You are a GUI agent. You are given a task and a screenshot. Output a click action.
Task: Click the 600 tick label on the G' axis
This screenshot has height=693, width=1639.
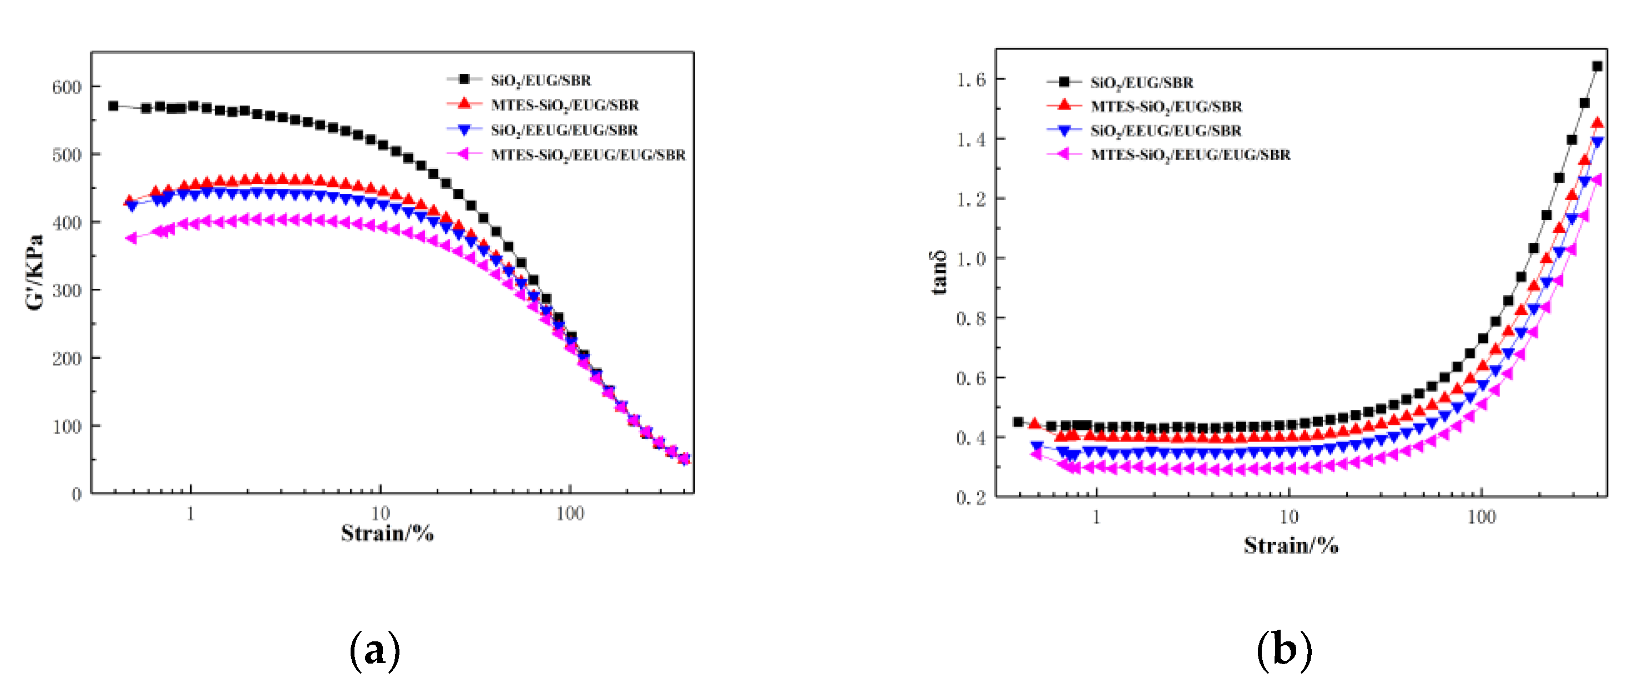pos(67,87)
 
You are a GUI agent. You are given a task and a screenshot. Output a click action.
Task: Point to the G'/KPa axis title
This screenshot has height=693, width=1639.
pos(35,272)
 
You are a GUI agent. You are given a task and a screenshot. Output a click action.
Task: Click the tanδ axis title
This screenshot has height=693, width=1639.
pos(938,272)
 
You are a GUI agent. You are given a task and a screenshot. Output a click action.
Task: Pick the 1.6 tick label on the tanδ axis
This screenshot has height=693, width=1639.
pos(971,79)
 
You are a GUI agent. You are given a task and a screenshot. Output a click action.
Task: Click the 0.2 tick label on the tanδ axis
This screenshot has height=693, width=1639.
pos(971,498)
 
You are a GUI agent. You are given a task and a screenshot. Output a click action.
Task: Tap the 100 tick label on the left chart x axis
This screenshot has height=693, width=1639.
pos(569,514)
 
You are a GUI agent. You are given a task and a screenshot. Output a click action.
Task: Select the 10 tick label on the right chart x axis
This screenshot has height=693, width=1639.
pos(1288,517)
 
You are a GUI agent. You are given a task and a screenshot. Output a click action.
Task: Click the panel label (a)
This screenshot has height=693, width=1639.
pos(375,650)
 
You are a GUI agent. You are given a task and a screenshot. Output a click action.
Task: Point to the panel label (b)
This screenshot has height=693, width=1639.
pos(1284,650)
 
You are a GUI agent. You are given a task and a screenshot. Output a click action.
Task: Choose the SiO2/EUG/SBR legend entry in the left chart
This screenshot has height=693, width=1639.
pos(540,80)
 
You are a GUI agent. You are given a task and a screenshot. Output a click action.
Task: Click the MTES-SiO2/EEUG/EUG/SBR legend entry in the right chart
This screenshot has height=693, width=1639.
pos(1190,154)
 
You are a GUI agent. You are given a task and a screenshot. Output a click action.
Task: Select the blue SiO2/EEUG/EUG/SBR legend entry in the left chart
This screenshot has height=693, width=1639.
pos(564,130)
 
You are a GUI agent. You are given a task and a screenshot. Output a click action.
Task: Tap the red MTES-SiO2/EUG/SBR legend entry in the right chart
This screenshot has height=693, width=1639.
pos(1166,106)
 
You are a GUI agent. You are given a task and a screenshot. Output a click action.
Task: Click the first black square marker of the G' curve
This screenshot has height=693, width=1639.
pos(113,106)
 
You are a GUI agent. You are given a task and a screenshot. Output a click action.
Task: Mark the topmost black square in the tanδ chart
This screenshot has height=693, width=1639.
pos(1597,66)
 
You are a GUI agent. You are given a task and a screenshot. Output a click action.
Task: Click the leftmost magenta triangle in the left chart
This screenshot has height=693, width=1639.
pos(131,238)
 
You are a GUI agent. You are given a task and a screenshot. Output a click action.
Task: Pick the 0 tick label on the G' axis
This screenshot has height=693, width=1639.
pos(76,494)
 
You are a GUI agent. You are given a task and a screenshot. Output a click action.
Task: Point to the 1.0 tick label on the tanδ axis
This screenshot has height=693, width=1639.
pos(971,259)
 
